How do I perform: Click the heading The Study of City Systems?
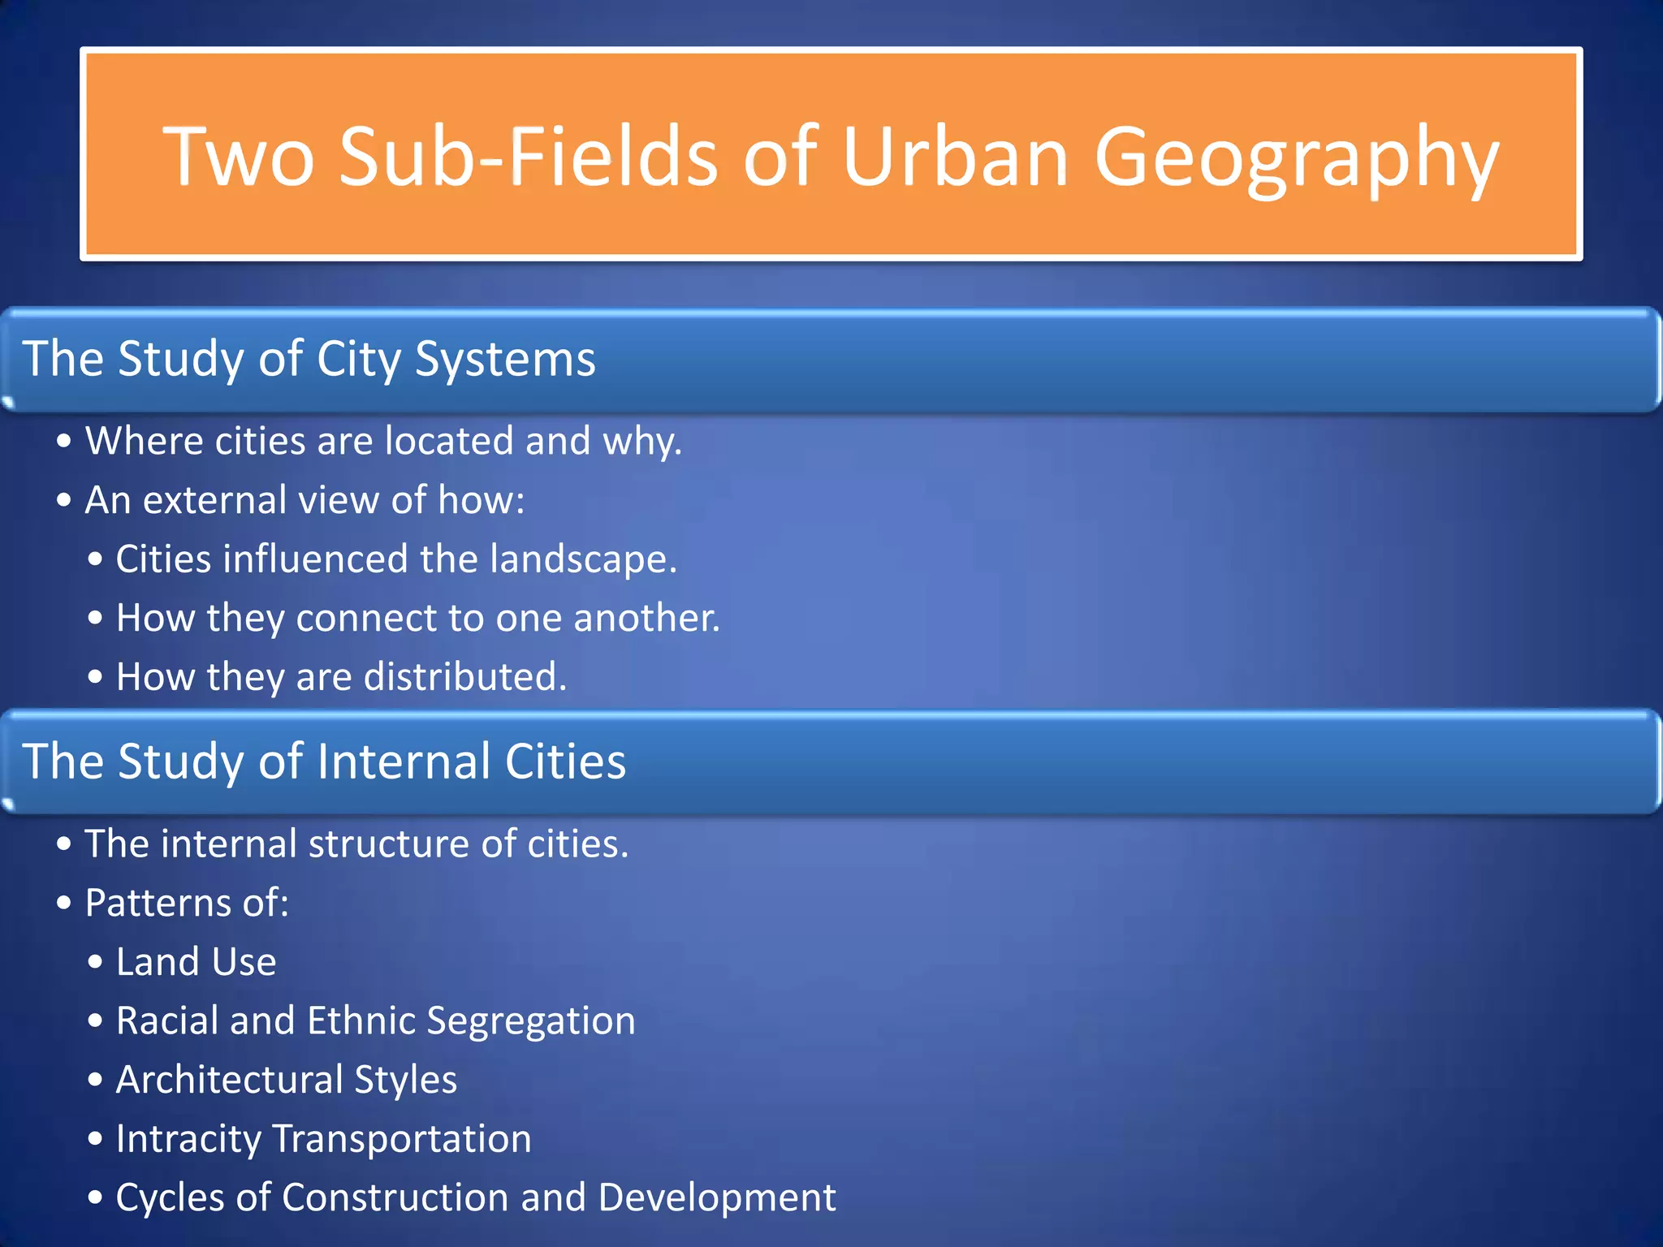tap(309, 359)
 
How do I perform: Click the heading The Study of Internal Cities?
tap(324, 762)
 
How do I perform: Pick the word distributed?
tap(464, 677)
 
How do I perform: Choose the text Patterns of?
tap(187, 903)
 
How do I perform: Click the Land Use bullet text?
tap(196, 962)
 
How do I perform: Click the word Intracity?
tap(188, 1139)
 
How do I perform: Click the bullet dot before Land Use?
tap(96, 963)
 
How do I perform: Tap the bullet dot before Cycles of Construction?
tap(96, 1198)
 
